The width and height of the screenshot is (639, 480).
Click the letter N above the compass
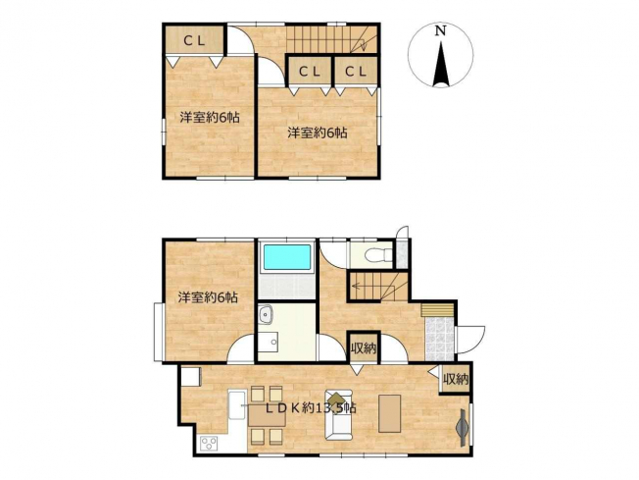tap(440, 31)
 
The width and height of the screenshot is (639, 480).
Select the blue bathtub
tap(287, 257)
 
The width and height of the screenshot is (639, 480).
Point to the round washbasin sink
tap(267, 315)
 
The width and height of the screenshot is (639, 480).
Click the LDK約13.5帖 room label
tap(311, 407)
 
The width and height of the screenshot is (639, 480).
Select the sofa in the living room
tap(338, 414)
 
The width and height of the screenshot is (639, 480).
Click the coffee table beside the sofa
tap(390, 413)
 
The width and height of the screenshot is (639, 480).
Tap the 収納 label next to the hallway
tap(364, 349)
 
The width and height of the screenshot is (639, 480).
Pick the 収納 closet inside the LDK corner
tap(456, 380)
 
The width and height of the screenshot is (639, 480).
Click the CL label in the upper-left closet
tap(194, 40)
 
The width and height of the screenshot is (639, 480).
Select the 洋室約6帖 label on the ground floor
tap(208, 297)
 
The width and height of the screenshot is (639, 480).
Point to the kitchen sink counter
tap(237, 404)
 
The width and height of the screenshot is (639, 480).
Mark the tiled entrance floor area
tap(439, 339)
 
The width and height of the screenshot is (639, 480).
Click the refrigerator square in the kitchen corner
tap(191, 377)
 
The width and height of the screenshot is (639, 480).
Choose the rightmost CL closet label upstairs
tap(356, 72)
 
